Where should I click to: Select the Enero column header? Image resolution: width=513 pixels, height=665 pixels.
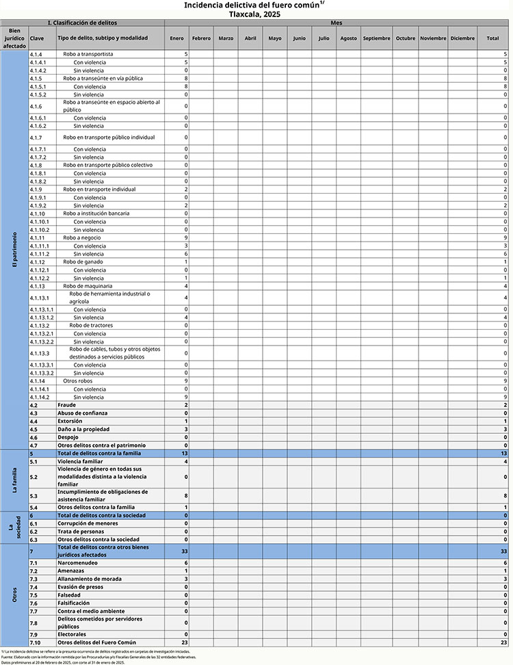176,38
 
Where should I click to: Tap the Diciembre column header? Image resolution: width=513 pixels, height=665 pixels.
462,38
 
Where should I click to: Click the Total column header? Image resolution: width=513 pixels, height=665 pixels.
492,38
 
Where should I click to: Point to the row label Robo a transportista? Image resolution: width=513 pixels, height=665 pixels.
88,53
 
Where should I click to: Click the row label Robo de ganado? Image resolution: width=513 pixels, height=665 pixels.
83,262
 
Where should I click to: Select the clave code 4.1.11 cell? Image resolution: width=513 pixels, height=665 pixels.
37,238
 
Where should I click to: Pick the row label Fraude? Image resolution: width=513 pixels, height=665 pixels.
66,406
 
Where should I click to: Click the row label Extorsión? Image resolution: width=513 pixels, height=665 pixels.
70,421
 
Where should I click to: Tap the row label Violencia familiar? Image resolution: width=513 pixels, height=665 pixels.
80,462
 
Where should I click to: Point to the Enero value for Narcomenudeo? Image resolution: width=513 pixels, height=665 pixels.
186,562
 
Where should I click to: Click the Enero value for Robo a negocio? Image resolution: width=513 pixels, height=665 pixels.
186,238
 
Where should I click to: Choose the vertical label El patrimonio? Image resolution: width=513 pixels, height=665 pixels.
14,250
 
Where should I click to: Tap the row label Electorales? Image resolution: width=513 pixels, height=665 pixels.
72,634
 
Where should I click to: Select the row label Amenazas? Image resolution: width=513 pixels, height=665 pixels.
71,571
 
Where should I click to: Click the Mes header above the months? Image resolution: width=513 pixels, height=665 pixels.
336,23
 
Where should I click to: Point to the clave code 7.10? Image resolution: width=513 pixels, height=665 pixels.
36,642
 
